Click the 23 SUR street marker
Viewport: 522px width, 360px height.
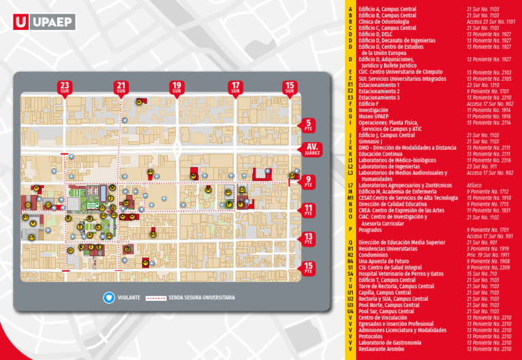tap(65, 88)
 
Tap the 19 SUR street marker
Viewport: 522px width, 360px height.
tap(177, 88)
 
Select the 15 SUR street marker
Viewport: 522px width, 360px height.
tap(290, 88)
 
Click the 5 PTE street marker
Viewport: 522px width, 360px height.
tap(309, 124)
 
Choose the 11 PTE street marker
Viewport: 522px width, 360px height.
tap(309, 209)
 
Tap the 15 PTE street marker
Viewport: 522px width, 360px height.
tap(309, 268)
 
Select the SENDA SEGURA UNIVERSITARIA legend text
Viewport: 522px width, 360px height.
tap(202, 298)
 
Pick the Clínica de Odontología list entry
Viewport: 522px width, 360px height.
tap(383, 22)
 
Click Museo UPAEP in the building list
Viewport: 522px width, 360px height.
tap(373, 116)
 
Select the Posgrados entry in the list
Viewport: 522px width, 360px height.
tap(371, 230)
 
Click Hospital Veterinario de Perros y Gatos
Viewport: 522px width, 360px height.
tap(400, 274)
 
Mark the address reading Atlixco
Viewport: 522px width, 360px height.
tap(474, 185)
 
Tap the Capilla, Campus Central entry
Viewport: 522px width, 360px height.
tap(384, 292)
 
